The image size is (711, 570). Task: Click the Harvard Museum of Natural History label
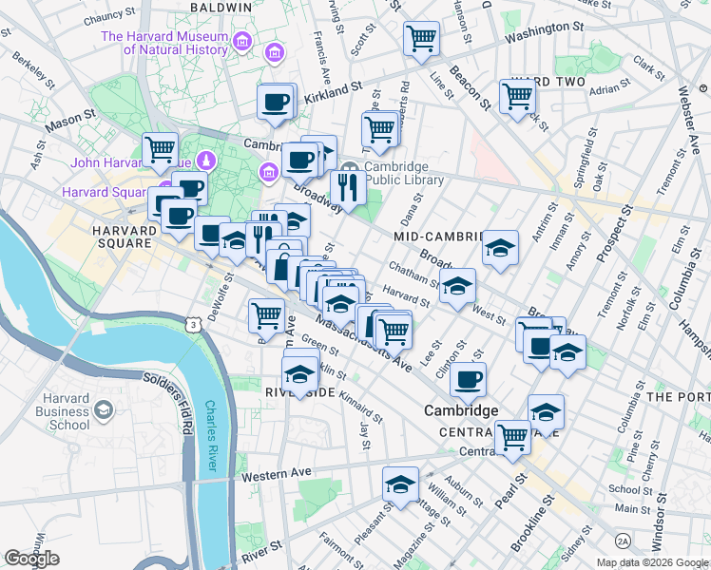pos(165,45)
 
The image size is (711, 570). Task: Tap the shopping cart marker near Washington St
pos(420,39)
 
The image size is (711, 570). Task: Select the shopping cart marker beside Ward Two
pos(517,96)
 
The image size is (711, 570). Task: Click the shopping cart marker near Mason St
pos(160,149)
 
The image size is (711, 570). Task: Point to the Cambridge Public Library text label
pos(404,172)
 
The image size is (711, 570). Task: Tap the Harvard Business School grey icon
pos(103,410)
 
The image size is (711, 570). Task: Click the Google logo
pos(31,559)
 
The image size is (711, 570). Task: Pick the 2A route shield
pos(623,541)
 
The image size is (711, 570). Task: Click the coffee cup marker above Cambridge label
pos(468,380)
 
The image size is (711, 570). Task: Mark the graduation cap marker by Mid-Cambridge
pos(500,249)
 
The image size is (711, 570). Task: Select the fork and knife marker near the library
pos(348,189)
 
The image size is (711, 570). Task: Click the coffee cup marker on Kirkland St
pos(276,102)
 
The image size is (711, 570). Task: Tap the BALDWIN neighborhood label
pos(221,7)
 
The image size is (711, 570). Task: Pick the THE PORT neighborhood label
pos(677,396)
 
